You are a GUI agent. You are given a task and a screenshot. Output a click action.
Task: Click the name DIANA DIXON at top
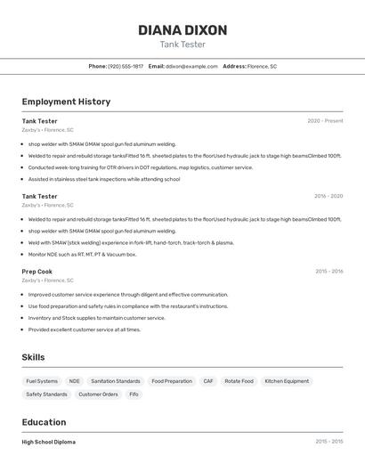pyautogui.click(x=182, y=30)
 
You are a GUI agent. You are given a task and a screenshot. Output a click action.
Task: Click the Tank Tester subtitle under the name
pyautogui.click(x=182, y=45)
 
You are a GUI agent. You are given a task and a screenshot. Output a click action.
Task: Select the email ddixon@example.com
pyautogui.click(x=192, y=66)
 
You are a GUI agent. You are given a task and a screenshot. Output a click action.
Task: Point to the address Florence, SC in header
pyautogui.click(x=262, y=66)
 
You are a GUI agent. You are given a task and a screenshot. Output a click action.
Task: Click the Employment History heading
pyautogui.click(x=66, y=102)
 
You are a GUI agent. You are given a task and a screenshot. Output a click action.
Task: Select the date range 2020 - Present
pyautogui.click(x=325, y=121)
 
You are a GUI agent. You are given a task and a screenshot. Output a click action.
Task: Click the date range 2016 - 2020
pyautogui.click(x=328, y=196)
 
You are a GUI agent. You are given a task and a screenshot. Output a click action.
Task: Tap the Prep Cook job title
pyautogui.click(x=37, y=272)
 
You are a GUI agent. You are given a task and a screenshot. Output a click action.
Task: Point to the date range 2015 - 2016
pyautogui.click(x=328, y=272)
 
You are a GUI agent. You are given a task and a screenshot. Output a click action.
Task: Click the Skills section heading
pyautogui.click(x=34, y=357)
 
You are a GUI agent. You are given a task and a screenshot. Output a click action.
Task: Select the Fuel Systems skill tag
pyautogui.click(x=42, y=381)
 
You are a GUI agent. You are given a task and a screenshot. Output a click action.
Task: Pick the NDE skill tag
pyautogui.click(x=75, y=381)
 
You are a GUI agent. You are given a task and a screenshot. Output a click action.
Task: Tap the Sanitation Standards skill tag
pyautogui.click(x=116, y=381)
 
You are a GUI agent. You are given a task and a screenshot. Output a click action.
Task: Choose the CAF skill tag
pyautogui.click(x=208, y=381)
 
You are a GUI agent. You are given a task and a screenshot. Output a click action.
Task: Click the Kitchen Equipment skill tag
pyautogui.click(x=287, y=381)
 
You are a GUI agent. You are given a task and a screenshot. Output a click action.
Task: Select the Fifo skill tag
pyautogui.click(x=134, y=394)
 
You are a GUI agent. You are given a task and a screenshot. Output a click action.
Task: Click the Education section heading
pyautogui.click(x=44, y=422)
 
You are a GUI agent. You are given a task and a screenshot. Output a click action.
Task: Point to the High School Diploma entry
pyautogui.click(x=49, y=442)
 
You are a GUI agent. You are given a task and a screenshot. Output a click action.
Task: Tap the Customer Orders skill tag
pyautogui.click(x=98, y=394)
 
